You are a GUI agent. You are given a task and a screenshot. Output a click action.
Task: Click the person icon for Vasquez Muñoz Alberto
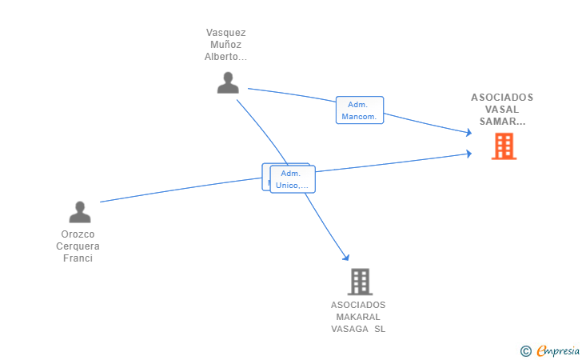pyautogui.click(x=228, y=82)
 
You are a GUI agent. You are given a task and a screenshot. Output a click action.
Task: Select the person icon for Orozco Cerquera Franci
pyautogui.click(x=80, y=212)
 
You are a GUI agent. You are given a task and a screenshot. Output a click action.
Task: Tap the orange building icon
pyautogui.click(x=504, y=146)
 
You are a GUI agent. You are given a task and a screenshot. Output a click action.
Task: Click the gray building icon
pyautogui.click(x=360, y=282)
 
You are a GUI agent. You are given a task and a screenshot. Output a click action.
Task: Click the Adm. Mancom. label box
pyautogui.click(x=360, y=110)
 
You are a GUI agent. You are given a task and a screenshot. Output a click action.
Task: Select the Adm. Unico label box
pyautogui.click(x=293, y=179)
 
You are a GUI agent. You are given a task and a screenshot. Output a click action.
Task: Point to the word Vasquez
pyautogui.click(x=225, y=33)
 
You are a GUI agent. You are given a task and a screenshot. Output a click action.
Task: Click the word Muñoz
pyautogui.click(x=225, y=45)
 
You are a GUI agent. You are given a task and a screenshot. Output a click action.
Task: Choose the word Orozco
pyautogui.click(x=78, y=234)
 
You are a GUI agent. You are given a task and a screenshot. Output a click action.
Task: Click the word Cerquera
pyautogui.click(x=78, y=246)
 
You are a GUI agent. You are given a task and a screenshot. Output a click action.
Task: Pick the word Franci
pyautogui.click(x=78, y=258)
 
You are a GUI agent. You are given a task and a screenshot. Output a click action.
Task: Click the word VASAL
pyautogui.click(x=502, y=110)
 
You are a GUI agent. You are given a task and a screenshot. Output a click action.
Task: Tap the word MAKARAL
pyautogui.click(x=358, y=317)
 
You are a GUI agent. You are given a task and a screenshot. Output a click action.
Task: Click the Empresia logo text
pyautogui.click(x=558, y=350)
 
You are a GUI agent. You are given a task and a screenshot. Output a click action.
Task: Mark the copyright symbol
pyautogui.click(x=525, y=350)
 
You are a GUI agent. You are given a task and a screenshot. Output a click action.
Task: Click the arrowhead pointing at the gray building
pyautogui.click(x=346, y=257)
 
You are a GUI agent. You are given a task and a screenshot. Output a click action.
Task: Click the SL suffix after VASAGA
pyautogui.click(x=379, y=329)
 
